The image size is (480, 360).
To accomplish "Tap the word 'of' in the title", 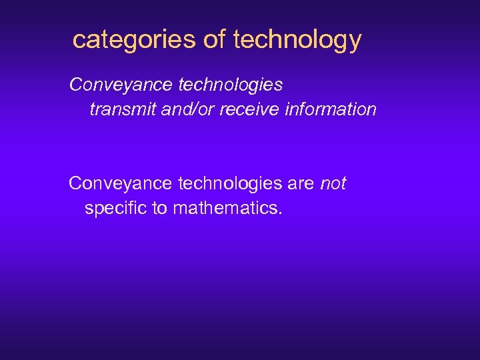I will pos(215,40).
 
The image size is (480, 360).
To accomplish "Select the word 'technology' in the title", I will pos(297,40).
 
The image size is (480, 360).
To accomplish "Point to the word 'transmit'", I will pos(123,109).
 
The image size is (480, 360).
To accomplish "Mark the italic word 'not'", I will pos(333,183).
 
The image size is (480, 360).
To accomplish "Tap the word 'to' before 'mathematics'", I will pos(160,209).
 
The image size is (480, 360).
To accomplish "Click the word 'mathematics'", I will pos(225,209).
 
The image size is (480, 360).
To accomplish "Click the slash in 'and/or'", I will pos(189,109).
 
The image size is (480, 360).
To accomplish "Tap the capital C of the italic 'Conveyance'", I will pos(75,85).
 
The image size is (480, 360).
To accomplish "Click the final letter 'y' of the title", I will pos(354,43).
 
